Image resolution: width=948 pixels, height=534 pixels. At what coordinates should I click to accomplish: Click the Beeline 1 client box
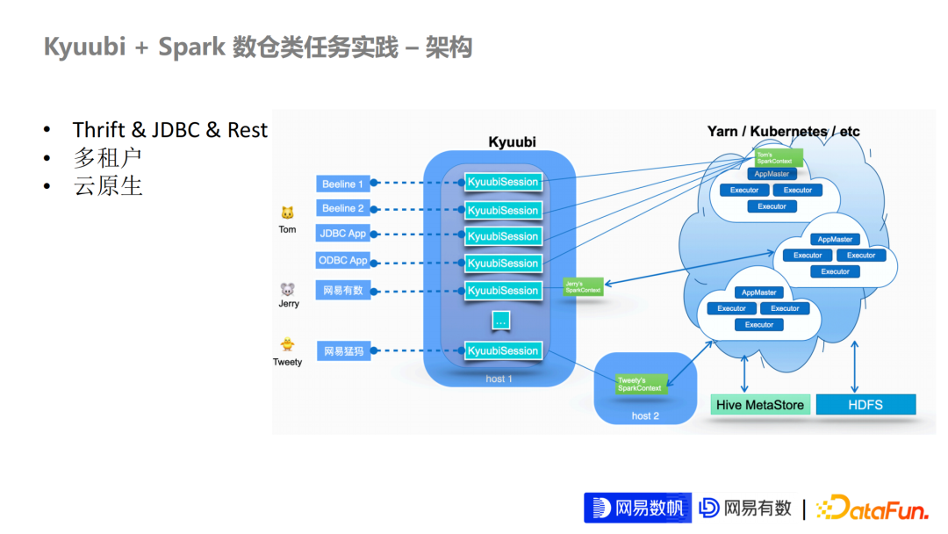pyautogui.click(x=343, y=184)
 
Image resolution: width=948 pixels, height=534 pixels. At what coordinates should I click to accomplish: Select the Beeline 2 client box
pyautogui.click(x=343, y=208)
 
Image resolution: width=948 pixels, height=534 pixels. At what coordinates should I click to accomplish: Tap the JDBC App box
pyautogui.click(x=343, y=234)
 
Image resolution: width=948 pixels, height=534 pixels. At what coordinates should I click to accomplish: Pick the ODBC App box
pyautogui.click(x=343, y=261)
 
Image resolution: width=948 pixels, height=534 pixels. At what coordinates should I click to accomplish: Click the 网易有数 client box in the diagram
pyautogui.click(x=343, y=290)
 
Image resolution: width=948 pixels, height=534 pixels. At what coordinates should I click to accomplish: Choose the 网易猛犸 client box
pyautogui.click(x=343, y=351)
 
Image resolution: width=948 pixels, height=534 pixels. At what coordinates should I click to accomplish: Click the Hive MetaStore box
pyautogui.click(x=759, y=405)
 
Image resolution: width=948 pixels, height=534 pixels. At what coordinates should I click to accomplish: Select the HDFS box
pyautogui.click(x=865, y=405)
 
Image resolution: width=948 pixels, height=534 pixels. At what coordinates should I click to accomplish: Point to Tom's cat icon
pyautogui.click(x=287, y=213)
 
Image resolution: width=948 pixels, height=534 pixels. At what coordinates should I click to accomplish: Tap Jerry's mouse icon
pyautogui.click(x=288, y=289)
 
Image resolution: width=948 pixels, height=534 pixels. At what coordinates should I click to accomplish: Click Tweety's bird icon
pyautogui.click(x=287, y=345)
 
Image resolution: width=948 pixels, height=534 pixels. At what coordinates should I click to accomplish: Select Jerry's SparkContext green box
pyautogui.click(x=584, y=287)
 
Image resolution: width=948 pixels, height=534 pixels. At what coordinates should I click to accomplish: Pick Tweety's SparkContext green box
pyautogui.click(x=640, y=384)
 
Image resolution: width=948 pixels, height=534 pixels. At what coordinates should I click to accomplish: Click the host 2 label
pyautogui.click(x=645, y=415)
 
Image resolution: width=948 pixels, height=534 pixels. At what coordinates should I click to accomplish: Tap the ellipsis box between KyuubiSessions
pyautogui.click(x=500, y=321)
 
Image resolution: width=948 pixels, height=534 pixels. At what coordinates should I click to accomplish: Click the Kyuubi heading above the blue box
pyautogui.click(x=512, y=141)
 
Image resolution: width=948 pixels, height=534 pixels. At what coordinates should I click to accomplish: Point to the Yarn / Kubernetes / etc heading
pyautogui.click(x=783, y=132)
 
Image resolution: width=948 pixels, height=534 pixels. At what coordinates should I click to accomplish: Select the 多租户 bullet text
pyautogui.click(x=107, y=158)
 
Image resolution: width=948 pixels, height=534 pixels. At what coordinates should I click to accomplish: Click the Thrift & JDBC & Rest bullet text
pyautogui.click(x=169, y=130)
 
